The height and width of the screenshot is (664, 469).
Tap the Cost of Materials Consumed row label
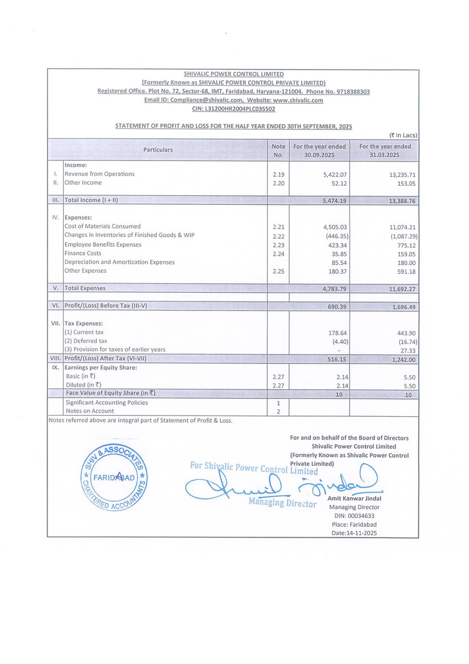click(102, 226)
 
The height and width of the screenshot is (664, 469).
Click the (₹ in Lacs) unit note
click(403, 135)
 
